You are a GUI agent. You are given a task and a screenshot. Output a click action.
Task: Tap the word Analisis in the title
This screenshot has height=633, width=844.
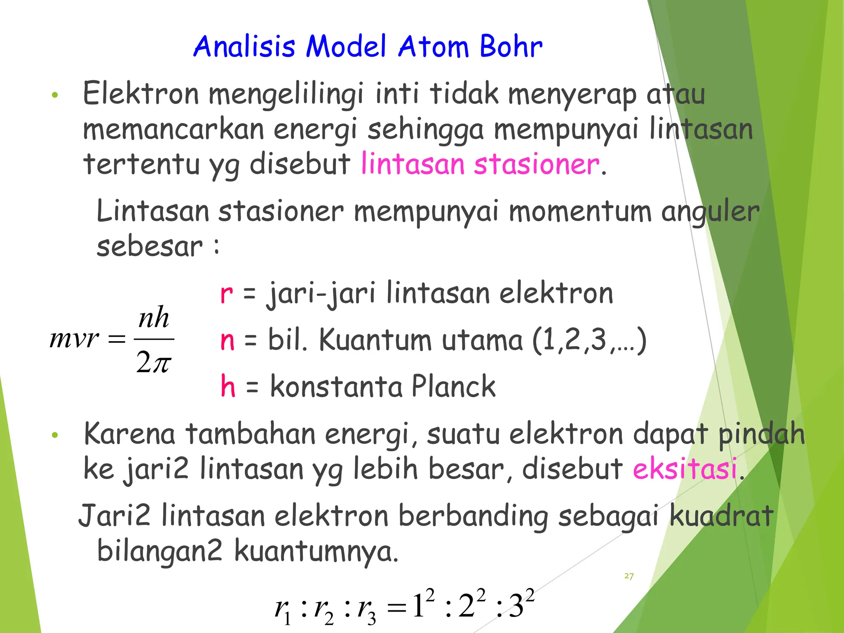244,46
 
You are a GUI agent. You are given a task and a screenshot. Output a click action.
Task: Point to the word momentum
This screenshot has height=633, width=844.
580,211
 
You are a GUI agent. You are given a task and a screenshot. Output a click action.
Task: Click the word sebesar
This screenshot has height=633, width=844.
149,246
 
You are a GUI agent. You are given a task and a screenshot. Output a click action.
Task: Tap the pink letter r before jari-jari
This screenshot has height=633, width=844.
226,294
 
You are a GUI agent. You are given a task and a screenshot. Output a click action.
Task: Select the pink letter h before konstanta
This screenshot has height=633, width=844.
228,387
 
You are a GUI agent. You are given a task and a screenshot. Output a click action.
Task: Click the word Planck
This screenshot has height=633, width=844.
453,387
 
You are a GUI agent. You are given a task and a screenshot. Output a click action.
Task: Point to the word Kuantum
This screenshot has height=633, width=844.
375,340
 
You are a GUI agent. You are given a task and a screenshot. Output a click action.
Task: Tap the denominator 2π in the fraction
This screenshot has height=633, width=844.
153,362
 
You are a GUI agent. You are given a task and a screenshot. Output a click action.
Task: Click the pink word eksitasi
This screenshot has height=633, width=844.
685,469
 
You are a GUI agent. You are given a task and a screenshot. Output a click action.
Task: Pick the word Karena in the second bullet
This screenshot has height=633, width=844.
129,434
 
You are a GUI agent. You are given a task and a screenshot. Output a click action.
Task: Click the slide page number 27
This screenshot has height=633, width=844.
629,576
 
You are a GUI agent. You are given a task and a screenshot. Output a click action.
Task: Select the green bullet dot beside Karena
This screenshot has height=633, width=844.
55,435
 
